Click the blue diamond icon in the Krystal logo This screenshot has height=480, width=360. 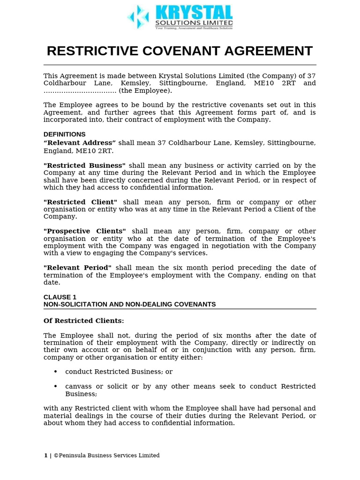point(138,17)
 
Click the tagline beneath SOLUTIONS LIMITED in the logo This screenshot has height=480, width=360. point(194,28)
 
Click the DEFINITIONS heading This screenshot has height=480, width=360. point(64,135)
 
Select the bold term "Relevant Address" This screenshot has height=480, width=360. point(80,142)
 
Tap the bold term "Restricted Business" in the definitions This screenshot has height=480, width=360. point(84,165)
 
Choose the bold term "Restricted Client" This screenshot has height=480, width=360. point(80,202)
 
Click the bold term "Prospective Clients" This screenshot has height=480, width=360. point(85,231)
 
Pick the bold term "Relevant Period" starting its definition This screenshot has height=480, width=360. point(77,268)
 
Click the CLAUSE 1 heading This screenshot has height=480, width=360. point(60,297)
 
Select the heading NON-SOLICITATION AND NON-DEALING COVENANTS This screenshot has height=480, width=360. point(129,304)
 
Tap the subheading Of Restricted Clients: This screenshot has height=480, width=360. point(84,321)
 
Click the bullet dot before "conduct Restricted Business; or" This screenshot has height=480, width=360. point(56,372)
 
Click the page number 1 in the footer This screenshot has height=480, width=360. point(45,455)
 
